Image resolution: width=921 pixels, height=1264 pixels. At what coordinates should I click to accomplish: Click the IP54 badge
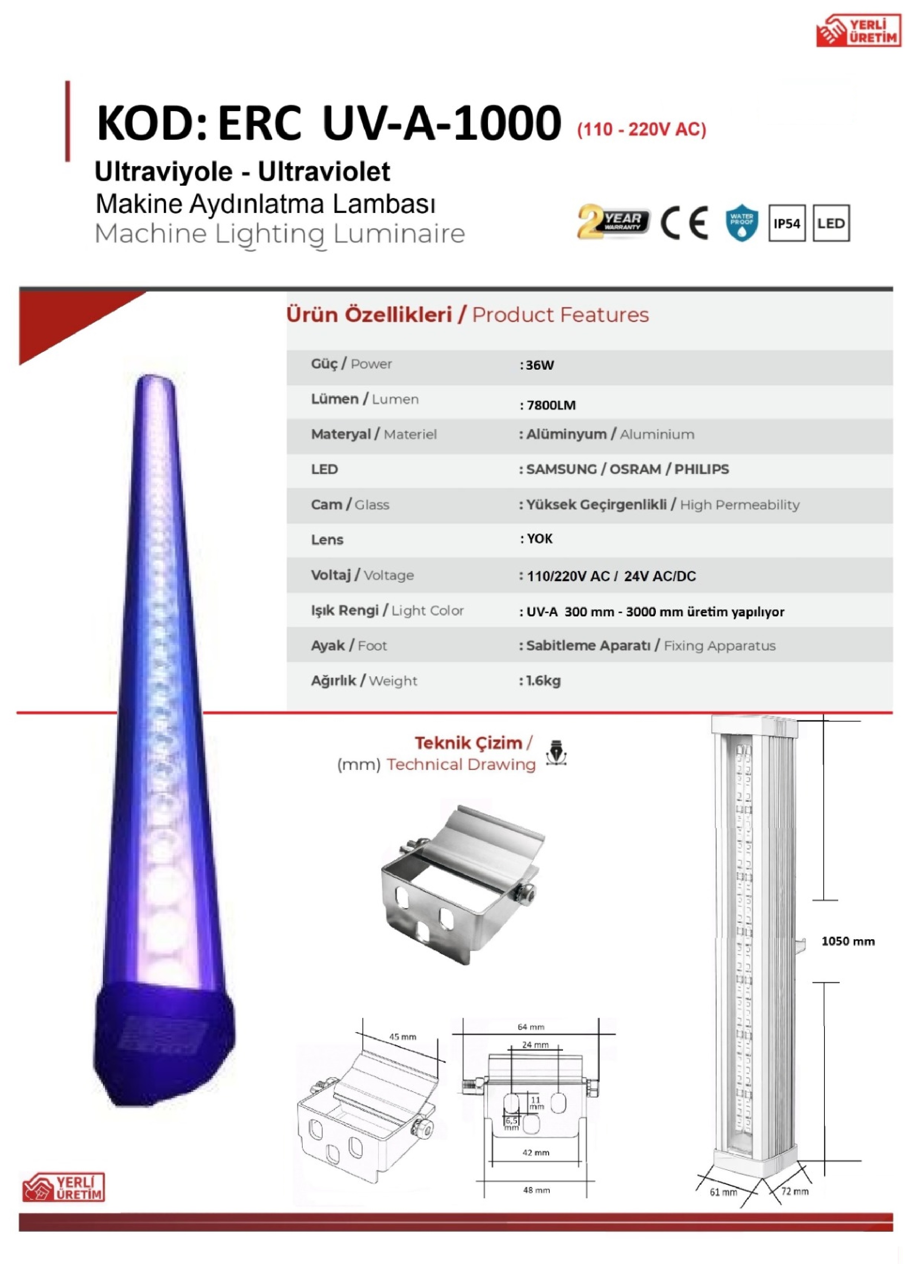tap(787, 223)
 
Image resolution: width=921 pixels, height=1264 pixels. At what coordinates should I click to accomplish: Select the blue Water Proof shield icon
tap(742, 223)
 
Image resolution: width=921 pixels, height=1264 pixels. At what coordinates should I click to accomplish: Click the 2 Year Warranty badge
tap(613, 221)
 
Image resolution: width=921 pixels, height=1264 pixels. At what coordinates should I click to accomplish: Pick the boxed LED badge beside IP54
tap(831, 223)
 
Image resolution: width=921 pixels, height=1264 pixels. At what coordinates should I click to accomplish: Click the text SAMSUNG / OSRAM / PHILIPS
tap(627, 469)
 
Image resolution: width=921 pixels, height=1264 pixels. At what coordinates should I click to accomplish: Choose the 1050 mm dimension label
tap(848, 941)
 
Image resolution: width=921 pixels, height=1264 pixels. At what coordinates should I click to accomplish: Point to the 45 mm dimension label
tap(403, 1037)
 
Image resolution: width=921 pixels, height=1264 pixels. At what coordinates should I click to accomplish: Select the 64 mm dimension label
tap(531, 1027)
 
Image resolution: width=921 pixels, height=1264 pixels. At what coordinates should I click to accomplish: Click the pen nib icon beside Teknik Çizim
tap(556, 752)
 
